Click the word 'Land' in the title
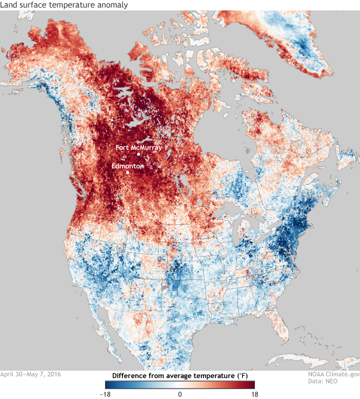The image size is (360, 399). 10,5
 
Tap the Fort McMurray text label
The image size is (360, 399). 139,148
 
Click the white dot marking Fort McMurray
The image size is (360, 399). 138,154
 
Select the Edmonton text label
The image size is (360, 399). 128,166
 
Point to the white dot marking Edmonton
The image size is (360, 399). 127,172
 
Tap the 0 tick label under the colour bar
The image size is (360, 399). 180,394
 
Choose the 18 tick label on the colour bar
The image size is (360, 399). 254,394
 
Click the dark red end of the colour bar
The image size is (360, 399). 252,384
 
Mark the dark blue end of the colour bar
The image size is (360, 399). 108,384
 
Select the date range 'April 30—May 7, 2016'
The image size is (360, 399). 30,374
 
